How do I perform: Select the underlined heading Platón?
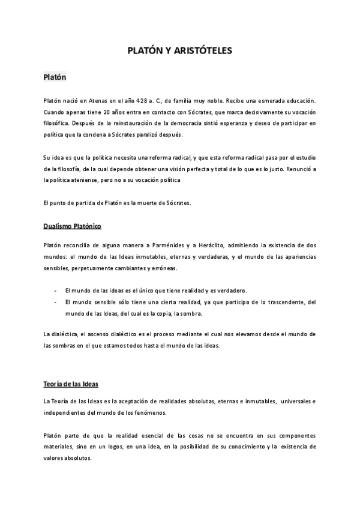55,77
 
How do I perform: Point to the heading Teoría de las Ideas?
70,383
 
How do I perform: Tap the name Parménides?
176,246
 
